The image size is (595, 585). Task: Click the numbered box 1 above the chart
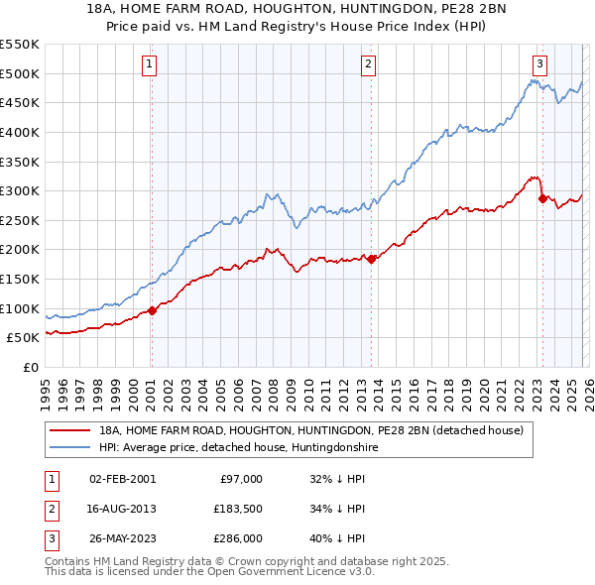(150, 64)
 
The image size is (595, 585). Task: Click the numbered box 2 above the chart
(368, 64)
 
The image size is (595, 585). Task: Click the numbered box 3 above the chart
(539, 64)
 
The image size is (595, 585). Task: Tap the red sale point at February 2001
(152, 310)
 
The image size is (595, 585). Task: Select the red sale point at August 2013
(371, 260)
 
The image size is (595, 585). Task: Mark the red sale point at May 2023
(542, 199)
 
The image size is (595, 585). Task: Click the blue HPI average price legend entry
(238, 448)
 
